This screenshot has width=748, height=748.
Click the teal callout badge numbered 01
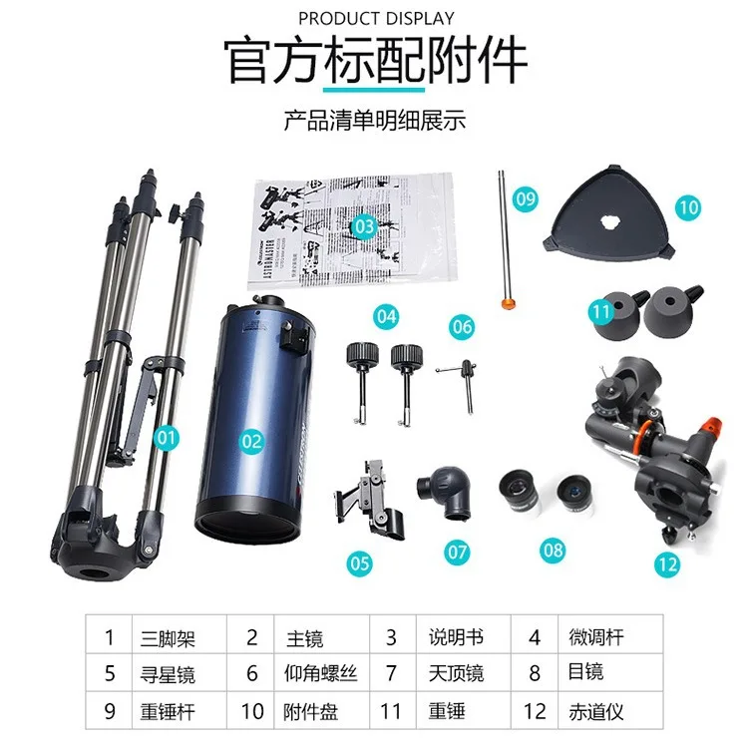[x=167, y=437]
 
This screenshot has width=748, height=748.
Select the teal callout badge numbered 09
[x=526, y=198]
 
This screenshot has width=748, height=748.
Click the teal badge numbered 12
[x=667, y=562]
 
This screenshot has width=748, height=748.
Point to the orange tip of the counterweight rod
[x=507, y=300]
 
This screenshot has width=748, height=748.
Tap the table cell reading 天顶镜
[x=457, y=674]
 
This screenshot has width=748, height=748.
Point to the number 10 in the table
[x=252, y=711]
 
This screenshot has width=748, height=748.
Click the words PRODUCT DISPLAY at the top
[x=376, y=18]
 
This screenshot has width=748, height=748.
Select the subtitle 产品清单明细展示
[x=375, y=122]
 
